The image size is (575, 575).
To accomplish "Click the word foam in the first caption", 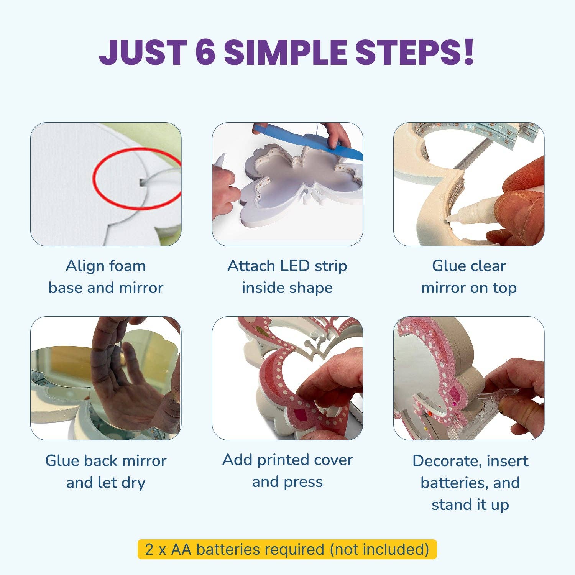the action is pyautogui.click(x=128, y=266).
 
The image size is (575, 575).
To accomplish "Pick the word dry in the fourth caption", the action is pyautogui.click(x=133, y=483).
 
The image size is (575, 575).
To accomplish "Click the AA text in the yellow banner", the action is pyautogui.click(x=181, y=549).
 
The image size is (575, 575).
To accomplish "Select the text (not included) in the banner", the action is pyautogui.click(x=379, y=550).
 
